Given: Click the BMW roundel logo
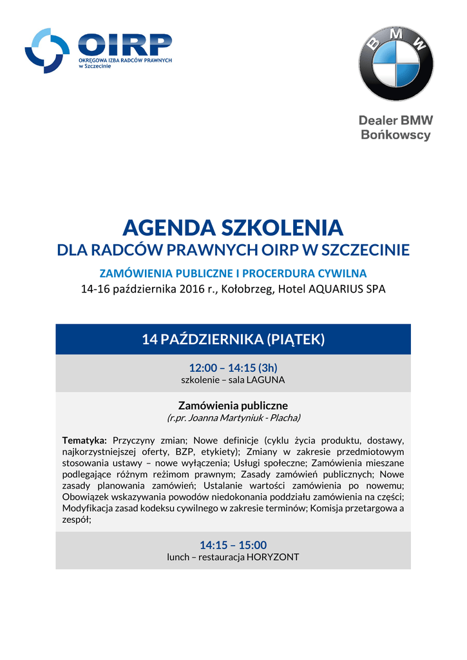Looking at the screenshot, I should [396, 64].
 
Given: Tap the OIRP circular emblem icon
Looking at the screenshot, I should [47, 51].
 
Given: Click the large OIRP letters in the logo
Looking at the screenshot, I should [124, 45].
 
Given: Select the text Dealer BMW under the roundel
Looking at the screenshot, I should [396, 121].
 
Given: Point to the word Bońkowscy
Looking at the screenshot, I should [396, 135].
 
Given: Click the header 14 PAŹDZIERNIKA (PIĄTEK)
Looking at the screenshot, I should [233, 339].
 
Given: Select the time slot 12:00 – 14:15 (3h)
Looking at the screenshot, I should [233, 367].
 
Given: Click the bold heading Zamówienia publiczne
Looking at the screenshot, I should [233, 405].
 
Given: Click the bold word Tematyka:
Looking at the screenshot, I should [84, 440].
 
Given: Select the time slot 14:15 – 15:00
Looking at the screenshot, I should [233, 545].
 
